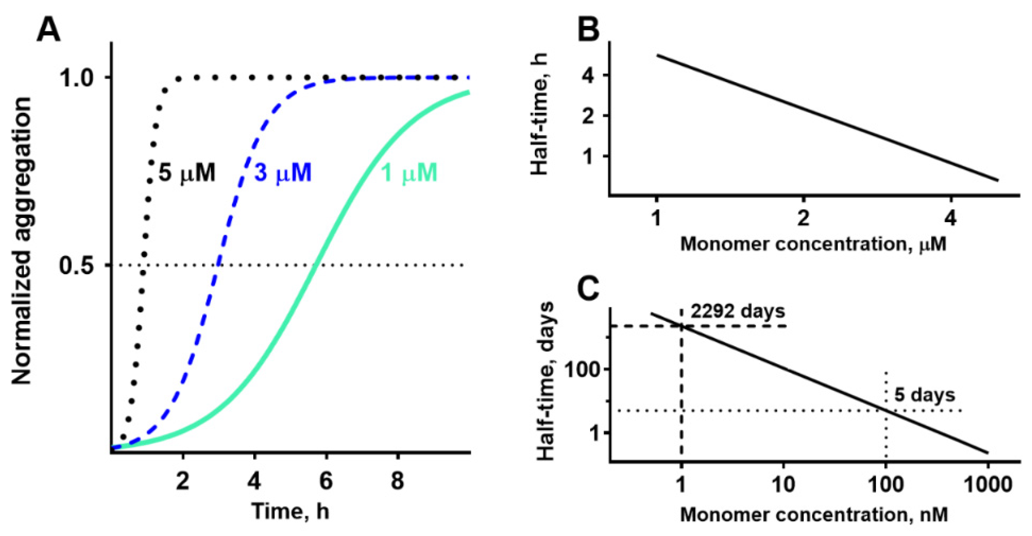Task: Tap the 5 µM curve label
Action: (187, 173)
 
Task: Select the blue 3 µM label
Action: (283, 173)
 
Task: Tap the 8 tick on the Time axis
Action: (397, 481)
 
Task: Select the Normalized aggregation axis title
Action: (22, 241)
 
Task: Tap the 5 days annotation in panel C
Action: (925, 395)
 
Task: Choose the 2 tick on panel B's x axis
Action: (803, 218)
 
